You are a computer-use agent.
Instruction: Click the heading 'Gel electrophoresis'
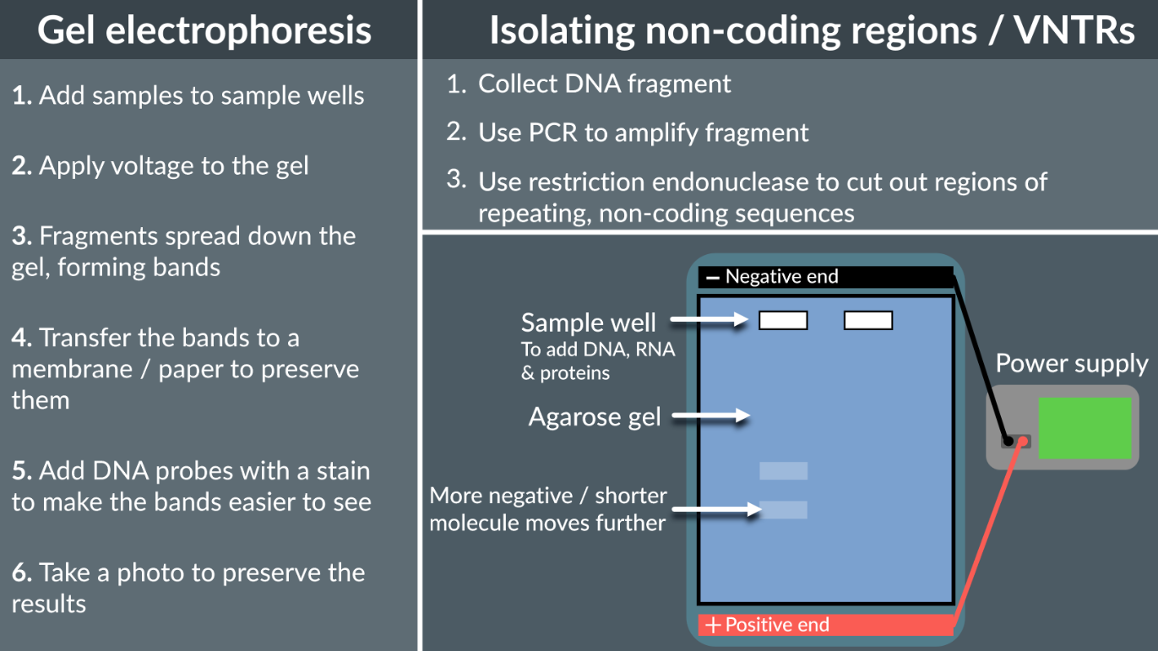click(204, 30)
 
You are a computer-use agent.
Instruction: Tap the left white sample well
click(783, 320)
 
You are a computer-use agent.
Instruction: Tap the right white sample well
click(868, 320)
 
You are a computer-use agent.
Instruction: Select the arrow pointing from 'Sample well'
click(709, 320)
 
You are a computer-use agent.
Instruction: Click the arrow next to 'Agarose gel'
click(711, 415)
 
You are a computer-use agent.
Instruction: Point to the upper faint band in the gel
click(783, 470)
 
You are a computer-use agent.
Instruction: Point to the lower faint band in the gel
click(783, 509)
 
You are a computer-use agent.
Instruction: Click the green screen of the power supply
click(1084, 428)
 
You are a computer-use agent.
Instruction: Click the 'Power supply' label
click(1071, 364)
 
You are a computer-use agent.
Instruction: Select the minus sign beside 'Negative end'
click(713, 277)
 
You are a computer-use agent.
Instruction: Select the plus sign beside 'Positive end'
click(714, 626)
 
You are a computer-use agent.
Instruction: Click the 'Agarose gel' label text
click(594, 417)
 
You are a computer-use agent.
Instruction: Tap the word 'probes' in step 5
click(179, 470)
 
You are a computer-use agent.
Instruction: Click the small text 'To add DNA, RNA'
click(598, 350)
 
